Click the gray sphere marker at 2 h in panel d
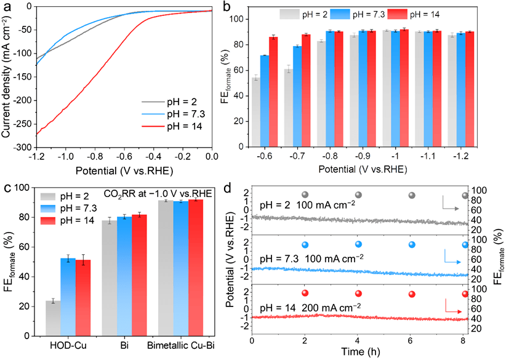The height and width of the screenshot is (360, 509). point(305,195)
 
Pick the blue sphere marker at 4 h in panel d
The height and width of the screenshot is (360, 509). point(357,244)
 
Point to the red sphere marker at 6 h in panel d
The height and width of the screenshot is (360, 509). point(411,293)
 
